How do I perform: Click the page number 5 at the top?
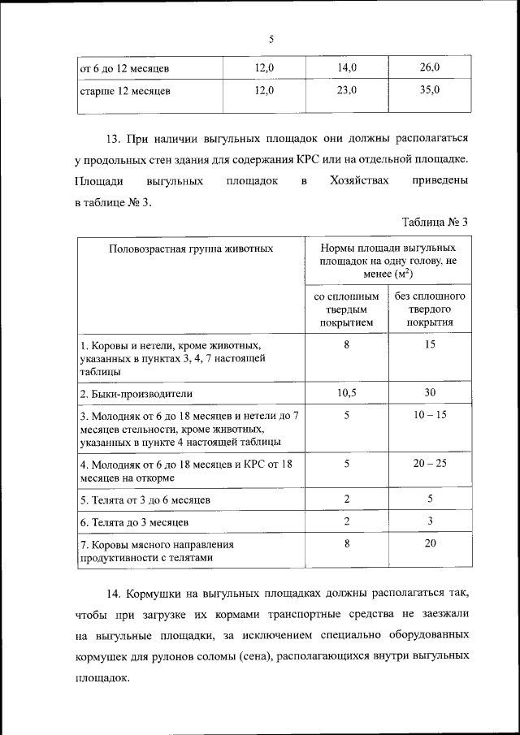(271, 38)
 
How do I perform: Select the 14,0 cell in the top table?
(347, 67)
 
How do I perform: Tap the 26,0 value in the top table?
(430, 67)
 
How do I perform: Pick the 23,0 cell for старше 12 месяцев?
(347, 90)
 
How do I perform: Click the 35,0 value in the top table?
(430, 90)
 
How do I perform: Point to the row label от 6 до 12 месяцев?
(123, 67)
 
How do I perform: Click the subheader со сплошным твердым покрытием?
(347, 309)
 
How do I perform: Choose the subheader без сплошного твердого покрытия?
(430, 309)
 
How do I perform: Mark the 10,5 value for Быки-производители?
(347, 392)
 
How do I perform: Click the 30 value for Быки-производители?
(430, 392)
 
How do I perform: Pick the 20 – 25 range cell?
(430, 463)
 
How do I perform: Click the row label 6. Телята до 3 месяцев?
(134, 522)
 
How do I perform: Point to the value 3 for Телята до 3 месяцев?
(430, 521)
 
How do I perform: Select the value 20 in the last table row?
(430, 544)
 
